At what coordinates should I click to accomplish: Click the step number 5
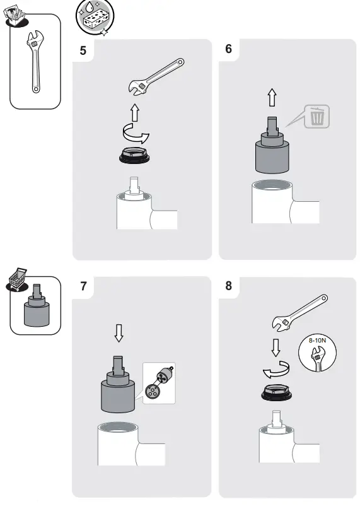pos(83,51)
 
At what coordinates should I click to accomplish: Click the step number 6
pos(228,50)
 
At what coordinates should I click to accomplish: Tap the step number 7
pos(83,286)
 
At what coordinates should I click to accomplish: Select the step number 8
pos(228,286)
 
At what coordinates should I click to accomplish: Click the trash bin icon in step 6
pos(317,117)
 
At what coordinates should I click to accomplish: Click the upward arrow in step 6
pos(272,97)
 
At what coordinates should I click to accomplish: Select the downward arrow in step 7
pos(119,333)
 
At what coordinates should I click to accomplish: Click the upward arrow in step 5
pos(134,113)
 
